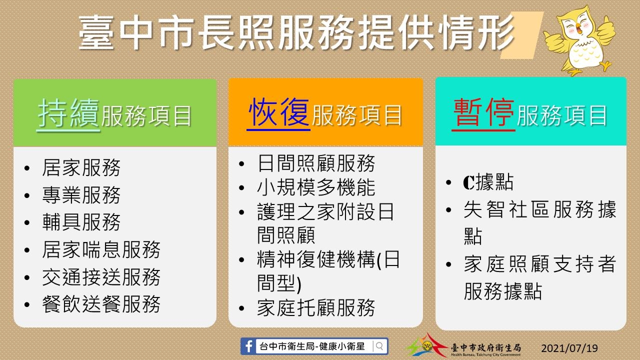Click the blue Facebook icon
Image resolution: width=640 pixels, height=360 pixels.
[248, 346]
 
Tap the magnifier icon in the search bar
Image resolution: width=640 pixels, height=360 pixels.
[379, 346]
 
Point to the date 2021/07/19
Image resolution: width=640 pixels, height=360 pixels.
[569, 348]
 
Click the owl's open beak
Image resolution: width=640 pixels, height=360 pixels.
[578, 28]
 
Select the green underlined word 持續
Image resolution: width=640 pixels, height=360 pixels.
[68, 113]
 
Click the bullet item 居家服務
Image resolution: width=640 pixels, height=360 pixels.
[81, 167]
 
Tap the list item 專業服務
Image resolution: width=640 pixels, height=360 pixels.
[81, 195]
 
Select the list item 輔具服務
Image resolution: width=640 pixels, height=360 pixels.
[81, 222]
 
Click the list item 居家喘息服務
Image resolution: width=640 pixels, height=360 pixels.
[101, 249]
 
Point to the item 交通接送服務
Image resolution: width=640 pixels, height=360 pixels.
[101, 277]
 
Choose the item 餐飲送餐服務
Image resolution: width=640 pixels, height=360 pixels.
[101, 304]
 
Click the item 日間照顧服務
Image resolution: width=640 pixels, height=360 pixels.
[316, 163]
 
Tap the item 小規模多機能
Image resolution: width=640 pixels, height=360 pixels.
[316, 187]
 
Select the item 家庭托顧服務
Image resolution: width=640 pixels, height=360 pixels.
[316, 307]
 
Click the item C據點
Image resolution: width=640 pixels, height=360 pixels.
[488, 182]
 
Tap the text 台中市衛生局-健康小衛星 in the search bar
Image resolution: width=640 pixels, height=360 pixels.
[312, 346]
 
